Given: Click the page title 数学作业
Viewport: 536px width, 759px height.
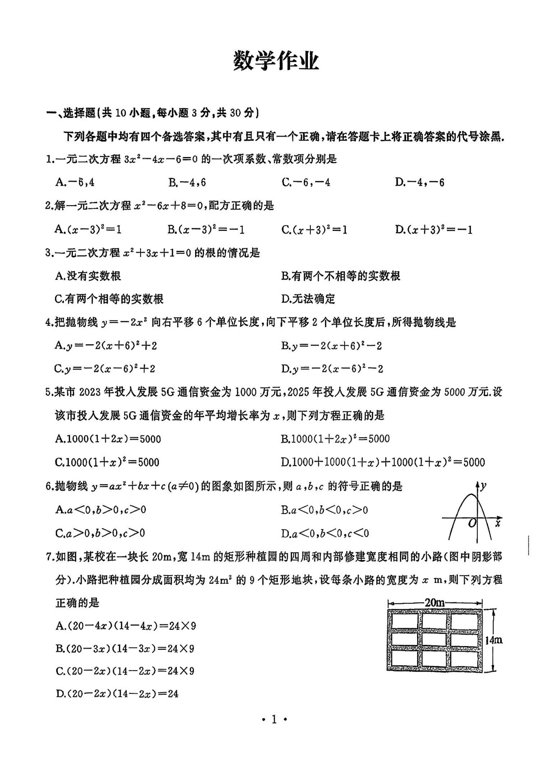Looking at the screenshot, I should (276, 61).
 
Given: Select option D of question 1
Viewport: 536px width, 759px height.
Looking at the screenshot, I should (419, 182).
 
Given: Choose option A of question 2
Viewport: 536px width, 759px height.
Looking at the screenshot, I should (88, 229).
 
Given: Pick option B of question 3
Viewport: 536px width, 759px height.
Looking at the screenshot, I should (340, 276).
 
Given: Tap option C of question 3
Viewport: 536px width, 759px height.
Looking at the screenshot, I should (109, 299).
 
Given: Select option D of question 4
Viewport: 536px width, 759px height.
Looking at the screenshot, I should (332, 369).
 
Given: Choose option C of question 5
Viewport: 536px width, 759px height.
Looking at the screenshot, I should (107, 462).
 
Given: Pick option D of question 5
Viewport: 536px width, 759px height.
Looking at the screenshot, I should (383, 462).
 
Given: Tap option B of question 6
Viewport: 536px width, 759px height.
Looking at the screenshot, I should (324, 510).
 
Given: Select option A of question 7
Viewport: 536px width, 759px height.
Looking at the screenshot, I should (126, 626).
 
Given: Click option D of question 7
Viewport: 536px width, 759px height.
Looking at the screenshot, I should (117, 694).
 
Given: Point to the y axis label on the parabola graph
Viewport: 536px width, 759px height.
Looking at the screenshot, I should (484, 486).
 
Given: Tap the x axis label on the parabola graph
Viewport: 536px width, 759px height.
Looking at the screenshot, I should (498, 523).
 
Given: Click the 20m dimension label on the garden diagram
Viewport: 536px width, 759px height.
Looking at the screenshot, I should (434, 603).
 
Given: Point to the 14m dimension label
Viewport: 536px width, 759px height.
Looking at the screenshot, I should (493, 640).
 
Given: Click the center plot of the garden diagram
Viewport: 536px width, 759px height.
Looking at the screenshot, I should (434, 639).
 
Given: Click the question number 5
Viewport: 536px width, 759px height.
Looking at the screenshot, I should (49, 392).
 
